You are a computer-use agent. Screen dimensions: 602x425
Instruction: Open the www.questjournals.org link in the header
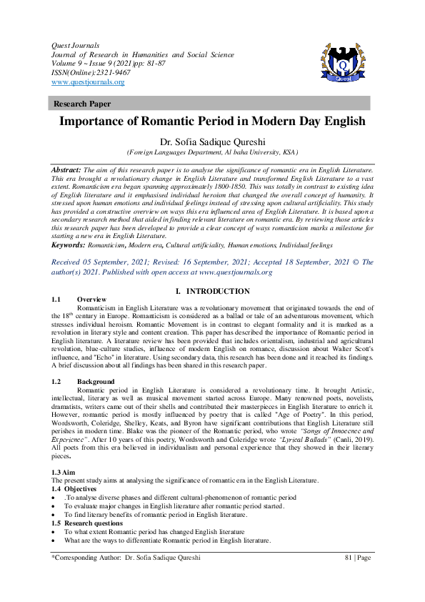(88, 82)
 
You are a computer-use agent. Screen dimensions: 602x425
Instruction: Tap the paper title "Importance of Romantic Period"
(212, 122)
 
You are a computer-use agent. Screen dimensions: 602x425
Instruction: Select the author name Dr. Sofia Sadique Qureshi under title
(212, 141)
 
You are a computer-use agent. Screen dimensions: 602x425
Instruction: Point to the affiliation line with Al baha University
(212, 152)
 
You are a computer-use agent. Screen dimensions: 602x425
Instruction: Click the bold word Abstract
(66, 169)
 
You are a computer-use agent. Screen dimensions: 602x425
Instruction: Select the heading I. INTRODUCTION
(212, 292)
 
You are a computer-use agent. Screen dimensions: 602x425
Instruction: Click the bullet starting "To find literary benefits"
(155, 515)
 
